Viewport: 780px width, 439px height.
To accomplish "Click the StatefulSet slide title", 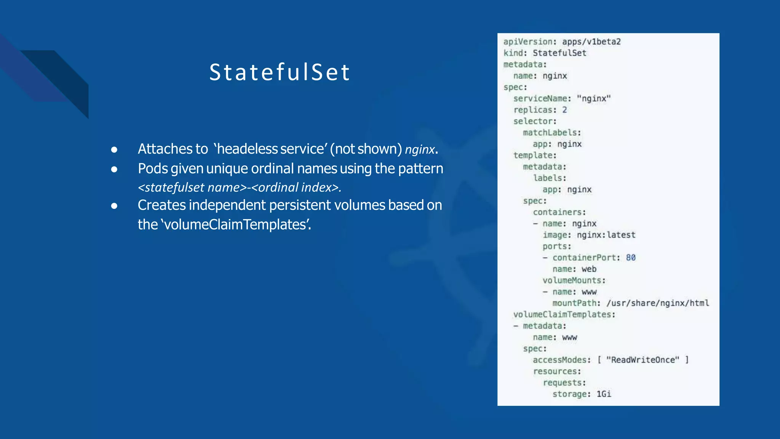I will (280, 72).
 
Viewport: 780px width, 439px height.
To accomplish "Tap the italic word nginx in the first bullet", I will (420, 150).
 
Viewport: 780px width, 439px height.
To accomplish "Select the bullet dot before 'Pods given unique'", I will (114, 169).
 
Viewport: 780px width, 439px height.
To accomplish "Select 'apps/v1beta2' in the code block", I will (591, 42).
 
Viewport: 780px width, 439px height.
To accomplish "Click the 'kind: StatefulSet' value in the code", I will (559, 53).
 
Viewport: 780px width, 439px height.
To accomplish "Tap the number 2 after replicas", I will (564, 110).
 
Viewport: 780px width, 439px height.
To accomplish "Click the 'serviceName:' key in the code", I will (542, 99).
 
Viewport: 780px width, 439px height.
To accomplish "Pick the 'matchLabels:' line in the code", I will (551, 133).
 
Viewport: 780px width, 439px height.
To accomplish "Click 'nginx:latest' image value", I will (606, 235).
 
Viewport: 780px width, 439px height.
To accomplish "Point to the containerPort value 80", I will (630, 258).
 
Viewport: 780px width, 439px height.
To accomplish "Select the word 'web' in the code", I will (589, 269).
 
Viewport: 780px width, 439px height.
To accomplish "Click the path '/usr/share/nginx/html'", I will (657, 303).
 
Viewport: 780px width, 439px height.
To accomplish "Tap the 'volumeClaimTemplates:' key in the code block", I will (564, 315).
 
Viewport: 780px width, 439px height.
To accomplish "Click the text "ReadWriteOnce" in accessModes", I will (643, 360).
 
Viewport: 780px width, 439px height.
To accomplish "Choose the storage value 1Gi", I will (603, 394).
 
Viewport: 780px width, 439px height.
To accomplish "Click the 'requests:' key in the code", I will (564, 383).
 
